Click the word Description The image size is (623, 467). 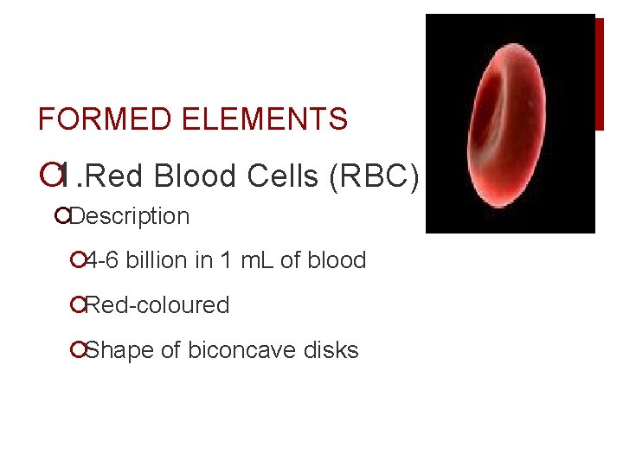[x=130, y=216]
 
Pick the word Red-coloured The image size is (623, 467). [x=157, y=305]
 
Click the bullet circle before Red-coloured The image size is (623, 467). [x=79, y=305]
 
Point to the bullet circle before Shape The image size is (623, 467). [x=79, y=350]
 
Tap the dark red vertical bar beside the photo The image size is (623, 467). [x=599, y=74]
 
